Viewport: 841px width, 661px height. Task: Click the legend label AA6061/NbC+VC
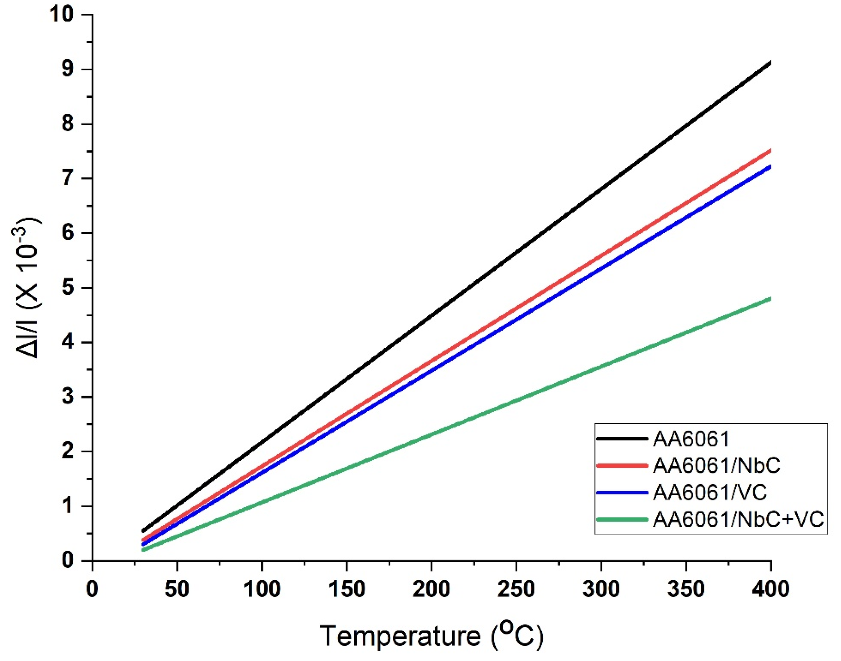[738, 520]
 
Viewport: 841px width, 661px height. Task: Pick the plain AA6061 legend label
[691, 439]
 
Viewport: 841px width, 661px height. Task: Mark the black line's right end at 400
[770, 63]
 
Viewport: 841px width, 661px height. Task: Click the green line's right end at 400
[770, 299]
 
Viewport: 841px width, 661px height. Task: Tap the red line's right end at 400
[770, 151]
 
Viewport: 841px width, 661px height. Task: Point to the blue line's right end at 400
[770, 167]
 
